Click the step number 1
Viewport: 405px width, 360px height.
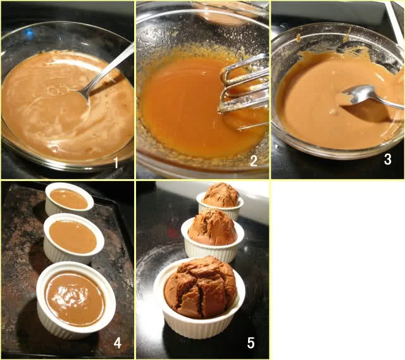[x=116, y=163]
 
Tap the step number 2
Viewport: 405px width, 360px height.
[x=254, y=161]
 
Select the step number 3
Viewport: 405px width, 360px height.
[x=388, y=159]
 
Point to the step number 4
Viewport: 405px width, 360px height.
[x=118, y=343]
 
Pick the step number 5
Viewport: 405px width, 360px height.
[x=251, y=343]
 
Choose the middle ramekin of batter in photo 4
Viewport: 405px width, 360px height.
[x=73, y=239]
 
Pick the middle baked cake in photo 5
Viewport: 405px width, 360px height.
[x=213, y=228]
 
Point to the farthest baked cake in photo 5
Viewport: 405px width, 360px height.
[x=221, y=195]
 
